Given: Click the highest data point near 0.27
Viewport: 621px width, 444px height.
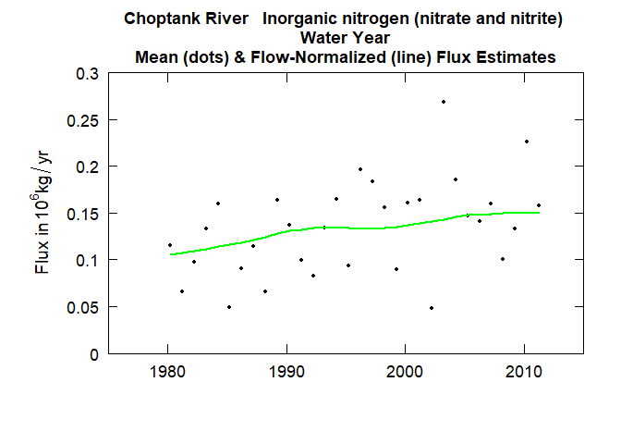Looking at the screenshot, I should (444, 102).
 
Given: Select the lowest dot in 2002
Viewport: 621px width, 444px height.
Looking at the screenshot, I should (432, 308).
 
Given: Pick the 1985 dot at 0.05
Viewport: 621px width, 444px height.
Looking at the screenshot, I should (229, 307).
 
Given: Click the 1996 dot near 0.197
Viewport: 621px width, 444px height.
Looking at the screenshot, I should (360, 169).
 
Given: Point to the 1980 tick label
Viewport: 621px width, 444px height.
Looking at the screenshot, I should (168, 373).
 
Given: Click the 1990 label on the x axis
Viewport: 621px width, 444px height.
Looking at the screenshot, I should (287, 373).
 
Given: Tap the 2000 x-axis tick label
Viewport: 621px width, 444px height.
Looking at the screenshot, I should (407, 373).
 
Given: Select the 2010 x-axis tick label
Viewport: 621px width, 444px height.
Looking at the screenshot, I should (525, 373).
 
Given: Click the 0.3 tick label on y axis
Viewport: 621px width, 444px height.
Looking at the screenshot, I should (88, 74).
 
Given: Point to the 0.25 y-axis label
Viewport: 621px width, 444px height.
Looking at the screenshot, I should (84, 120).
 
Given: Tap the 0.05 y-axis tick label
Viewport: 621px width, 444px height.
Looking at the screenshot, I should (84, 307).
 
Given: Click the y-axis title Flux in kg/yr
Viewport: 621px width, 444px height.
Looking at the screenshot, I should (43, 213).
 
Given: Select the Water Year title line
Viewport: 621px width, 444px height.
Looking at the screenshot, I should (346, 38).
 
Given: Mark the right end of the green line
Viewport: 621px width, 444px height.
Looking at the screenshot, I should (540, 213).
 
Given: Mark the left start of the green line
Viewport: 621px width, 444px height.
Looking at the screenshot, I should (169, 253).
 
